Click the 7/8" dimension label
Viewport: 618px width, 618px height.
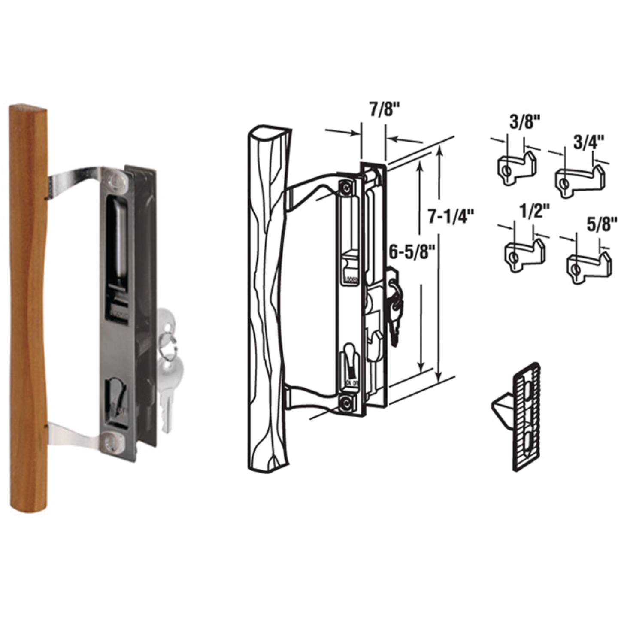click(385, 109)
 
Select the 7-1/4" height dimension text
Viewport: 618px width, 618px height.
click(451, 216)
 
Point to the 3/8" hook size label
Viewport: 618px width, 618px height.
click(524, 122)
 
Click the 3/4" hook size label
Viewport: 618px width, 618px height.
click(589, 142)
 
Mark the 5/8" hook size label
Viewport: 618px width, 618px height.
click(601, 224)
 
